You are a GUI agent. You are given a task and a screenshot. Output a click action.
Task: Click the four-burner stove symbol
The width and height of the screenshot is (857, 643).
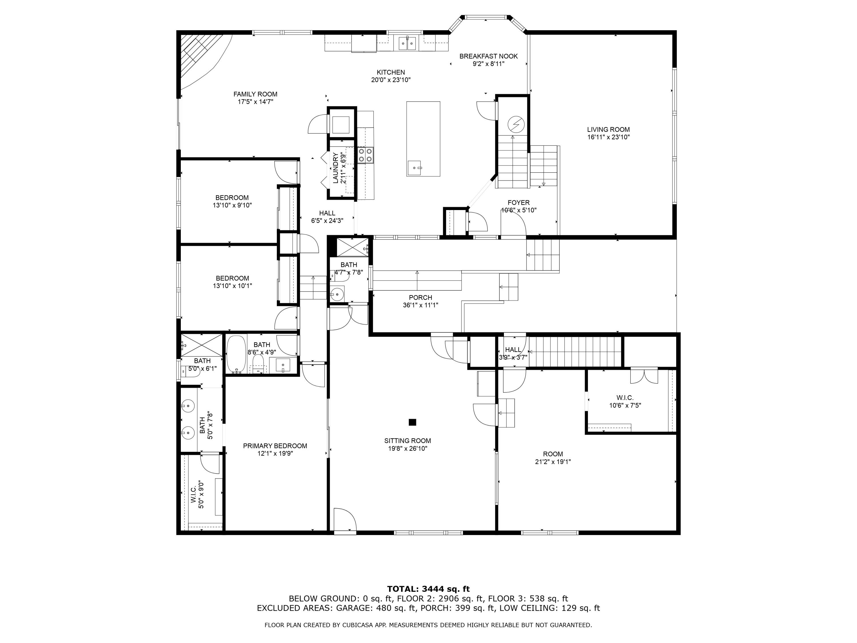365,155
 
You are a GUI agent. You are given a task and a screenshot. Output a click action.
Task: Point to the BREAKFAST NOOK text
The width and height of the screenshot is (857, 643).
488,56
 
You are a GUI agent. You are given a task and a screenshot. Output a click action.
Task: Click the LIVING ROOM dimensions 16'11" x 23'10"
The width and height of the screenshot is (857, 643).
608,137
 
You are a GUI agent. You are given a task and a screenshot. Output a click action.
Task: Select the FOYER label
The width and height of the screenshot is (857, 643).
518,203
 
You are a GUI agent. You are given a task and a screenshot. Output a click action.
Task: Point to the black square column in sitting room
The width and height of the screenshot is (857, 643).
412,422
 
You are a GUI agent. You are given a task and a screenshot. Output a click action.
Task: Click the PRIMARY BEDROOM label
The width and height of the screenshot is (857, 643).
275,446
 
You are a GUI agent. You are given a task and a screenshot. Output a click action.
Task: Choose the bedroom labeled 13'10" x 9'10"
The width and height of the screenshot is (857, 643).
232,201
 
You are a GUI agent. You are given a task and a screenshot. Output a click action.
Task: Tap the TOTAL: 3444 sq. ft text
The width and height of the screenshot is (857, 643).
428,589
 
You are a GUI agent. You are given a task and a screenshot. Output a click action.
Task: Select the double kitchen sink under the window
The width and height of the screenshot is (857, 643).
407,43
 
